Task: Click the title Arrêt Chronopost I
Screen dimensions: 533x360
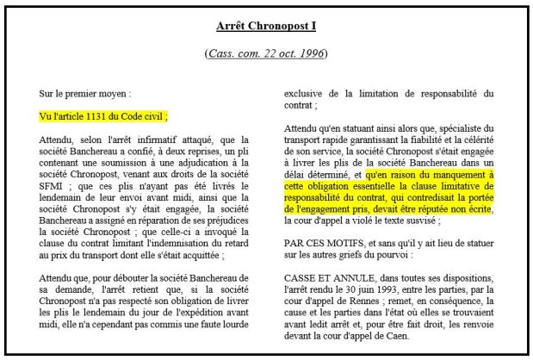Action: point(266,25)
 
